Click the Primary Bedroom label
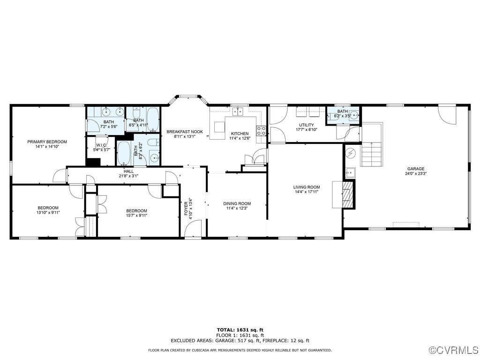47,142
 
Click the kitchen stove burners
262,131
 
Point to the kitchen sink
238,111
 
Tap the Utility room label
307,125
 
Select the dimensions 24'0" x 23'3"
416,173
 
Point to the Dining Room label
237,203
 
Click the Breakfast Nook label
185,132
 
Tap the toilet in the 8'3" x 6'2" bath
153,143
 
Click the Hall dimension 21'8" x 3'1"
128,176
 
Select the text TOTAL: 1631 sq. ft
240,330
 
